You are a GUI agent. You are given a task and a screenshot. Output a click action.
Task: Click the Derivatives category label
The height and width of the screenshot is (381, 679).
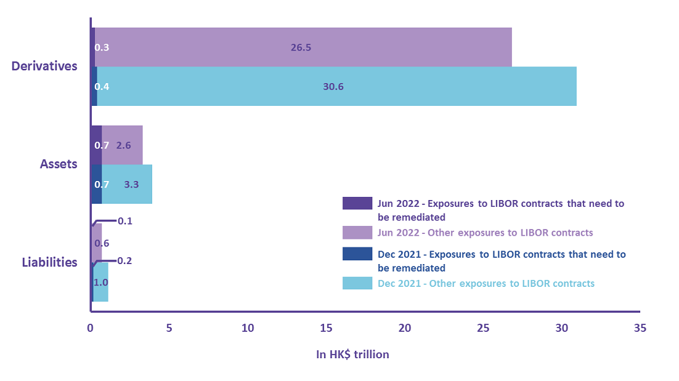click(45, 66)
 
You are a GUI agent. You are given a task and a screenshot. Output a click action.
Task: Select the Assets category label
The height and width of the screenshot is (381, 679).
click(59, 164)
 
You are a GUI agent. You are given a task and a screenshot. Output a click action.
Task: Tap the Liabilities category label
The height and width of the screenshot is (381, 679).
click(49, 262)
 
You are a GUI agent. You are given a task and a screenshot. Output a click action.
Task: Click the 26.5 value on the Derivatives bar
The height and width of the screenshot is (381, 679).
click(300, 47)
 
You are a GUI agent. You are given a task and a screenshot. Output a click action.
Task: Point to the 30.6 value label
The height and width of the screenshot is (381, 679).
click(333, 87)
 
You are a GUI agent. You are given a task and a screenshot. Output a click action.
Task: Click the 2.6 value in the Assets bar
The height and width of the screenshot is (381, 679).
click(123, 145)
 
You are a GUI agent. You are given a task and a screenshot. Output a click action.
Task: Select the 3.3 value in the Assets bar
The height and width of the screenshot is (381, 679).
click(131, 184)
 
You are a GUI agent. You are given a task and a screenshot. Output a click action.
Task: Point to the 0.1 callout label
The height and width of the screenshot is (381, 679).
click(125, 221)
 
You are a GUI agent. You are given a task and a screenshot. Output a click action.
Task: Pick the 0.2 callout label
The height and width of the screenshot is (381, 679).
click(125, 260)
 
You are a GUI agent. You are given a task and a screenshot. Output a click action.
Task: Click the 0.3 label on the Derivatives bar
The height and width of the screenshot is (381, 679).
click(102, 47)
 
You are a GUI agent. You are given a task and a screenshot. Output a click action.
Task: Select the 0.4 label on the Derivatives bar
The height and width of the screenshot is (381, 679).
click(102, 87)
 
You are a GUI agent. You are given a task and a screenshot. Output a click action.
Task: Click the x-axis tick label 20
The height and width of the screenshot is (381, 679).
click(405, 329)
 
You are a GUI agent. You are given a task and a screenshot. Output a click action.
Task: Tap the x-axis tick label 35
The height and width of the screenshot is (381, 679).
click(640, 329)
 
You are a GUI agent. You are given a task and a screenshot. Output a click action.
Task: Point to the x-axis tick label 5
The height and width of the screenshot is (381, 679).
click(169, 329)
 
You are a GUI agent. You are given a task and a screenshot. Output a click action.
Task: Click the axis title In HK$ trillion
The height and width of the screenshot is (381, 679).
click(352, 355)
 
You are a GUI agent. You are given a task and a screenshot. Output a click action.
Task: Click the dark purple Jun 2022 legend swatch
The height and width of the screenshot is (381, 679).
click(357, 203)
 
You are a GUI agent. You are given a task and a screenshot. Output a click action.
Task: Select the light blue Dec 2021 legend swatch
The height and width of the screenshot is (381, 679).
click(357, 283)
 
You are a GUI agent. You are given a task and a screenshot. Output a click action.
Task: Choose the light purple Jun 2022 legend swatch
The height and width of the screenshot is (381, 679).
click(357, 233)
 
